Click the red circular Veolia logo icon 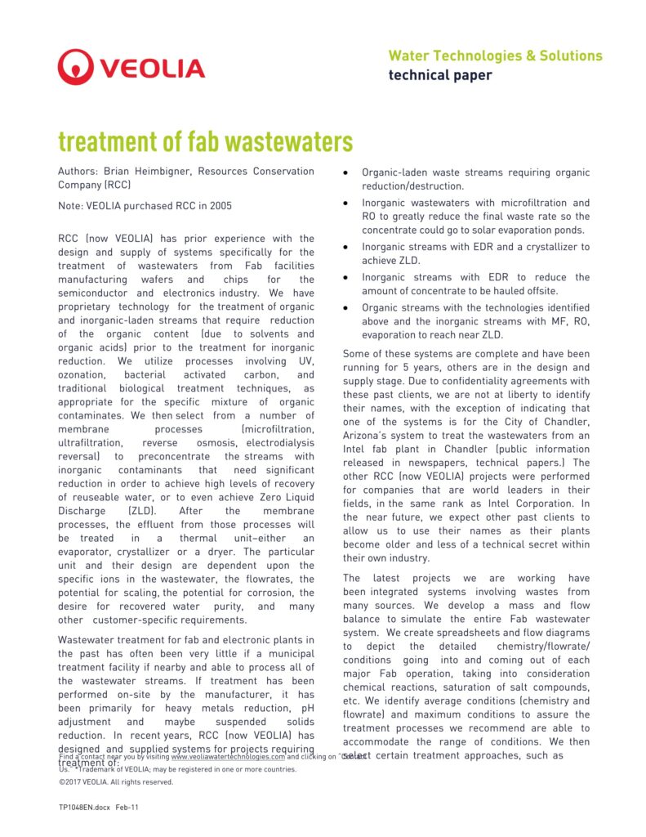point(75,66)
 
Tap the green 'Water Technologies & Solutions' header point(495,56)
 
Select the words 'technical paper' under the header point(439,75)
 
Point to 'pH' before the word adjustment point(307,709)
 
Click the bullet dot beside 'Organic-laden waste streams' point(347,173)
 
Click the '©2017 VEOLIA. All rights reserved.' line point(116,782)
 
